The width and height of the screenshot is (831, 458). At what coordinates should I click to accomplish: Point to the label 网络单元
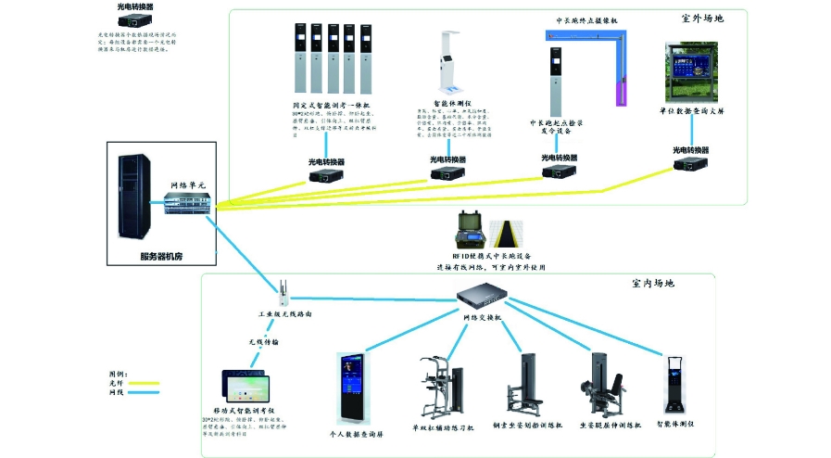[191, 185]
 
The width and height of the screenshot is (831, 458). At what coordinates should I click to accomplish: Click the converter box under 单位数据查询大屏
[690, 163]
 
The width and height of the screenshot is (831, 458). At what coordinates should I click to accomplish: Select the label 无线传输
[263, 341]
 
